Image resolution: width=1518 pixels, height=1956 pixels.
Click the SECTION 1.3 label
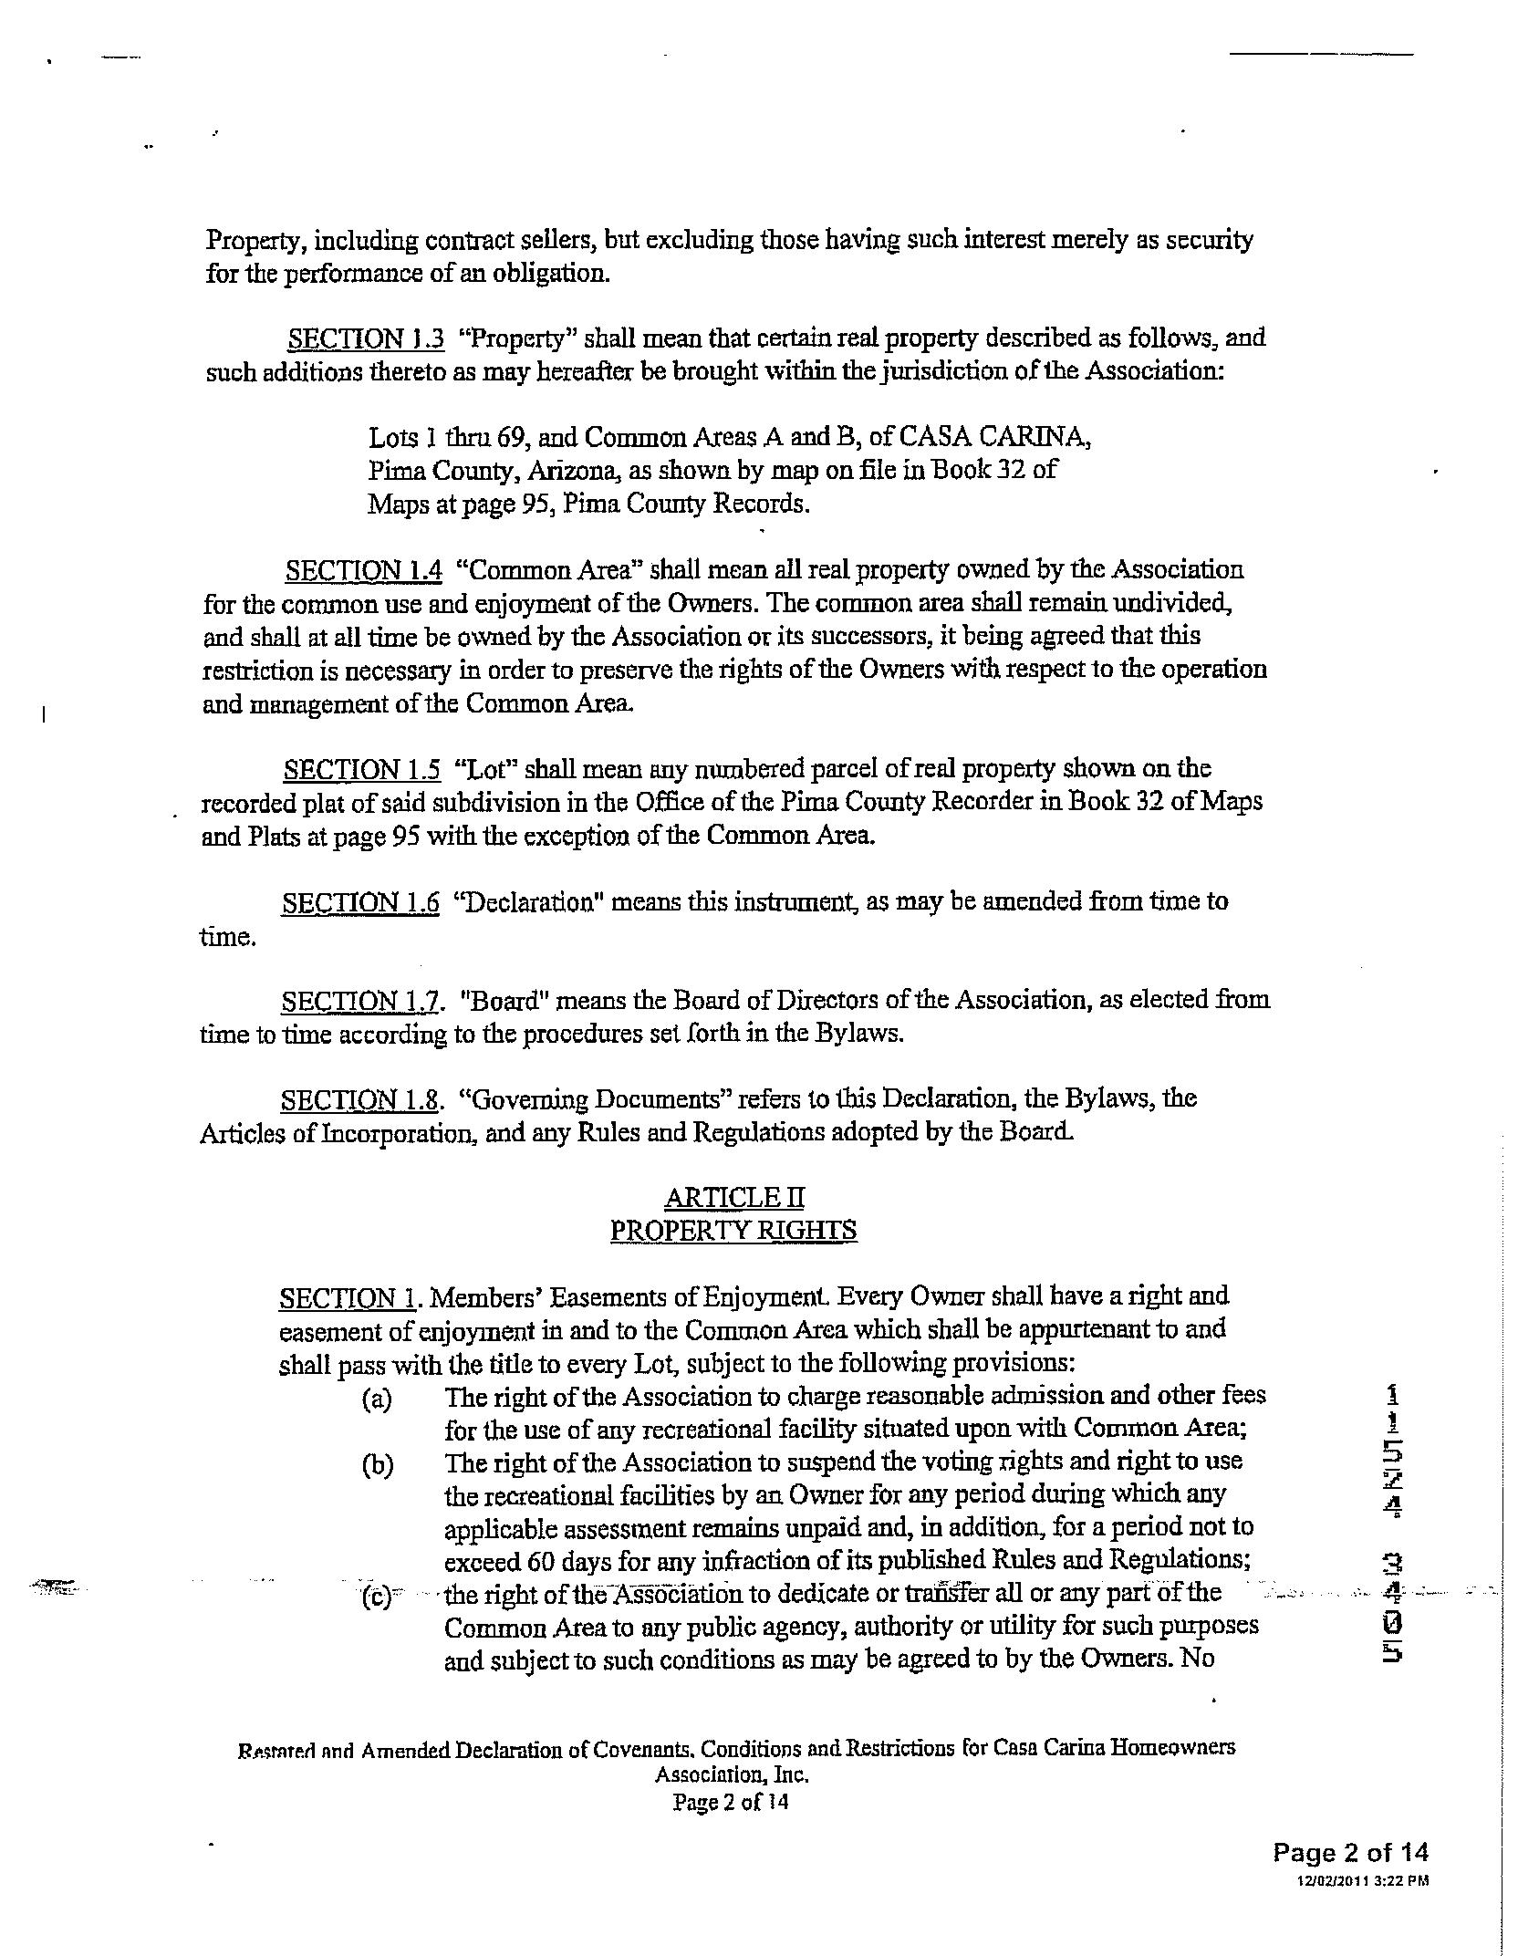pyautogui.click(x=366, y=339)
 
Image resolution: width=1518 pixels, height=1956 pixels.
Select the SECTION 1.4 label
pyautogui.click(x=363, y=571)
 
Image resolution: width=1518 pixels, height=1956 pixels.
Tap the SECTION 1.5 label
pyautogui.click(x=361, y=770)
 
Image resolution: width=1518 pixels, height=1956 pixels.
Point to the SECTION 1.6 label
pyautogui.click(x=360, y=903)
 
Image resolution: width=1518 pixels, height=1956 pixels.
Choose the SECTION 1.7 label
pyautogui.click(x=360, y=1002)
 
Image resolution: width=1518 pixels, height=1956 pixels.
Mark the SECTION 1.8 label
pyautogui.click(x=360, y=1100)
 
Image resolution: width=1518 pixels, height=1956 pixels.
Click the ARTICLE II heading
pyautogui.click(x=734, y=1197)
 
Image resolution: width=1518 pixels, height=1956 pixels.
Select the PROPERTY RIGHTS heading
pyautogui.click(x=733, y=1231)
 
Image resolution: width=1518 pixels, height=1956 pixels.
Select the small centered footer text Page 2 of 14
pyautogui.click(x=730, y=1802)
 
